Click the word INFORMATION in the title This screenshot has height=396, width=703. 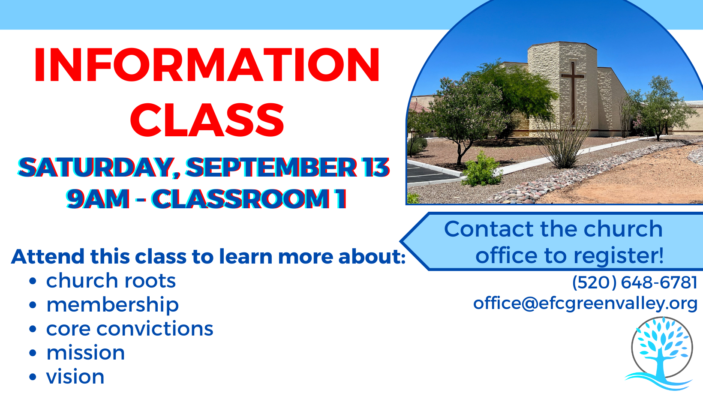[x=207, y=65]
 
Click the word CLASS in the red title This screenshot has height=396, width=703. [x=207, y=120]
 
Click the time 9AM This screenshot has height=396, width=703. [x=98, y=198]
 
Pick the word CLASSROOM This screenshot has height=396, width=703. [x=240, y=198]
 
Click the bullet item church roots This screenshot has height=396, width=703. [x=111, y=281]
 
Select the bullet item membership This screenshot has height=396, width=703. [x=112, y=305]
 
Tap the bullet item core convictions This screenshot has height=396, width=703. [x=129, y=329]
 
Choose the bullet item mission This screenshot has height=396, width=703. [x=85, y=353]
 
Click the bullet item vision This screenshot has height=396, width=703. [x=75, y=377]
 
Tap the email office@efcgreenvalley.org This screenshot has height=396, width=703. [x=585, y=304]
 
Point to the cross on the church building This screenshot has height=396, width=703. [x=573, y=93]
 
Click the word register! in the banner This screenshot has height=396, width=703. [x=619, y=256]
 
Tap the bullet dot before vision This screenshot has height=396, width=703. [x=33, y=377]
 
